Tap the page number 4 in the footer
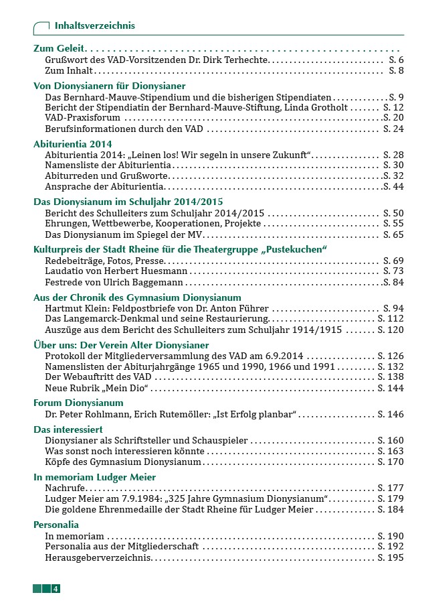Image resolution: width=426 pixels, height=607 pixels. [56, 589]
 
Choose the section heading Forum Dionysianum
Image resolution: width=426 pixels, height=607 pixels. [78, 403]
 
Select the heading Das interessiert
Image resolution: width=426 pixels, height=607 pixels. [68, 429]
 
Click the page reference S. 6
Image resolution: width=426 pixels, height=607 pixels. [396, 60]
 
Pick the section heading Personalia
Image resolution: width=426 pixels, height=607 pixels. [56, 525]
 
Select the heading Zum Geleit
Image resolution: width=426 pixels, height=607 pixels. [60, 50]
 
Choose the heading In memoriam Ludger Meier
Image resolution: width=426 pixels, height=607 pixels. [94, 478]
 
